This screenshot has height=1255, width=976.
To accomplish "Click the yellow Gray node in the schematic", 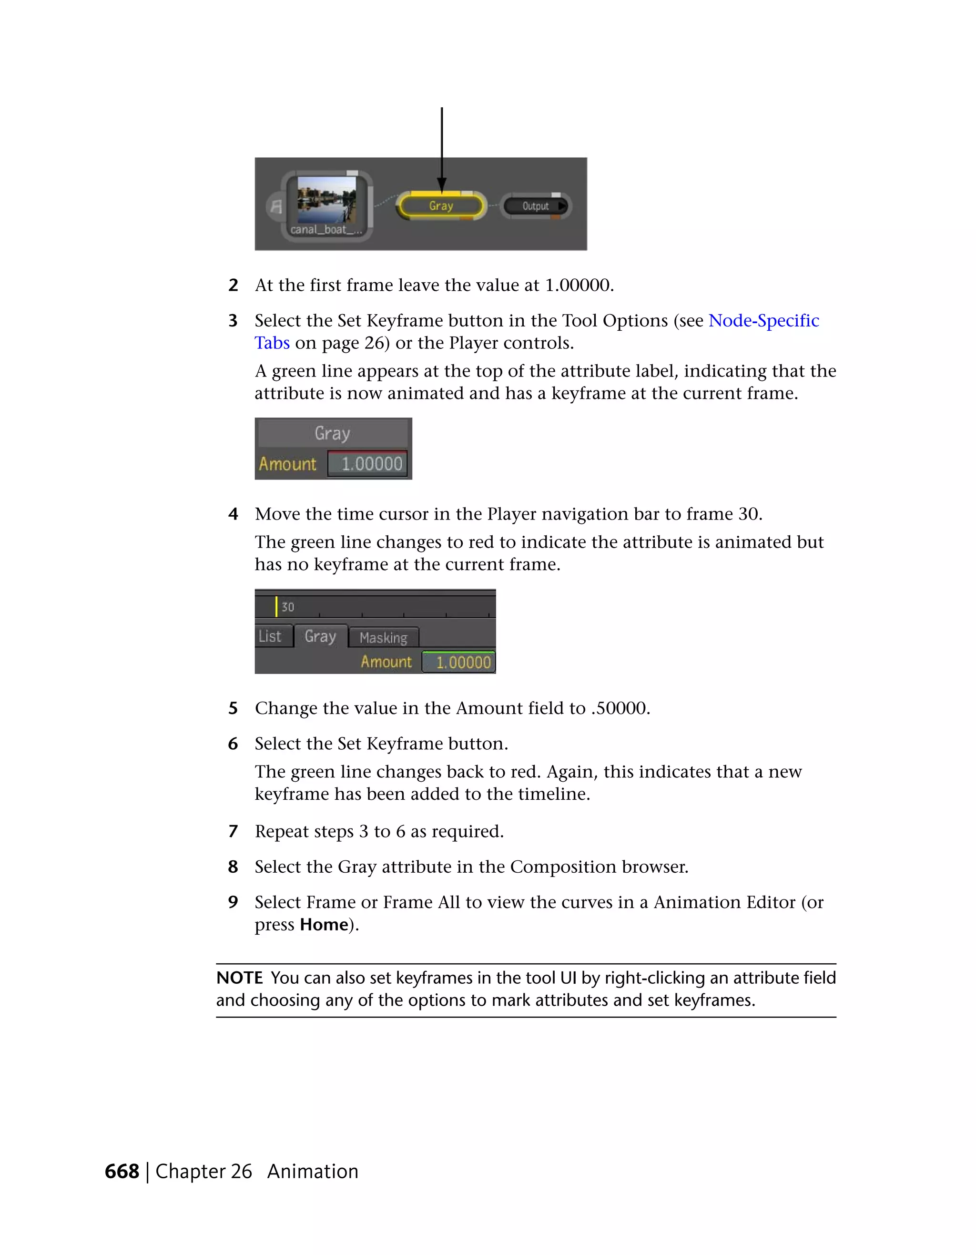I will tap(441, 206).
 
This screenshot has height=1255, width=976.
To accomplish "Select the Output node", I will tap(535, 206).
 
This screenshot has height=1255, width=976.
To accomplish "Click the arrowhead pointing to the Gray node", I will tap(442, 185).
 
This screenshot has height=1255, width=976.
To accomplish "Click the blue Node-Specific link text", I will tap(763, 320).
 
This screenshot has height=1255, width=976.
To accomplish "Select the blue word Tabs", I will tap(272, 343).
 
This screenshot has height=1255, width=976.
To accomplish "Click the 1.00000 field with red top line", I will tap(367, 463).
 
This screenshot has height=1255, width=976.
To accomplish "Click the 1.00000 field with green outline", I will tap(459, 662).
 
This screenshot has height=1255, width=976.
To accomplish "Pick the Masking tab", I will tap(383, 637).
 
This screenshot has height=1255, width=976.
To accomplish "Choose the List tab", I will tap(270, 636).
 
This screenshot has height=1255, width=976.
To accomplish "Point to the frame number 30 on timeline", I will tap(288, 607).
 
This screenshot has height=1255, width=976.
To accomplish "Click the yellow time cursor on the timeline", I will tap(276, 606).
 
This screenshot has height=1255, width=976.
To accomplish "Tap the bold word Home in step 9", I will tap(324, 924).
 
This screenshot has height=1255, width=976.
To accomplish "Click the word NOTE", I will tap(239, 978).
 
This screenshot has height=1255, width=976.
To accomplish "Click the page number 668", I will tap(122, 1171).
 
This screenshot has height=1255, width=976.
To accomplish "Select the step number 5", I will tap(233, 708).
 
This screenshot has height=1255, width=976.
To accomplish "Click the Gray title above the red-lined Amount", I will tap(332, 433).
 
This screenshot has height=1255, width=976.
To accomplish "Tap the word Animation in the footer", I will tap(313, 1171).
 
